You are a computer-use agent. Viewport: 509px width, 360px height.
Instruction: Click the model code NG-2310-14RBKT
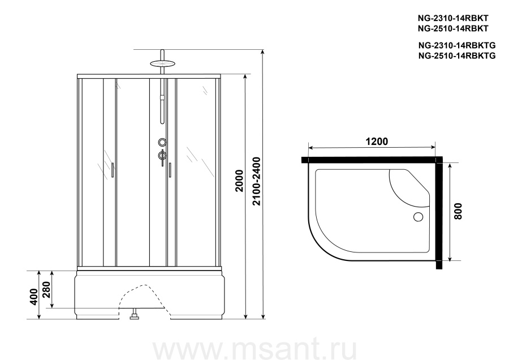[453, 18]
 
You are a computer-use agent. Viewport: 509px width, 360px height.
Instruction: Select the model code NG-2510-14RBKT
[453, 29]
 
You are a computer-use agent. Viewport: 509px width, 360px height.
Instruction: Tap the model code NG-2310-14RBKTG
[457, 45]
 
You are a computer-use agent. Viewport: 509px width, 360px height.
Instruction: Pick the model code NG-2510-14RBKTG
[457, 56]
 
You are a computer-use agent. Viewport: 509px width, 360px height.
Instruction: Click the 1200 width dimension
[377, 142]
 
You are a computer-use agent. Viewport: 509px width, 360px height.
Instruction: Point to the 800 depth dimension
[458, 211]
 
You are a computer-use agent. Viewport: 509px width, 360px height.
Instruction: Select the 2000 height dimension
[239, 181]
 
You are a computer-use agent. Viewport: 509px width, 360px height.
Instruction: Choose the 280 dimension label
[46, 289]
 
